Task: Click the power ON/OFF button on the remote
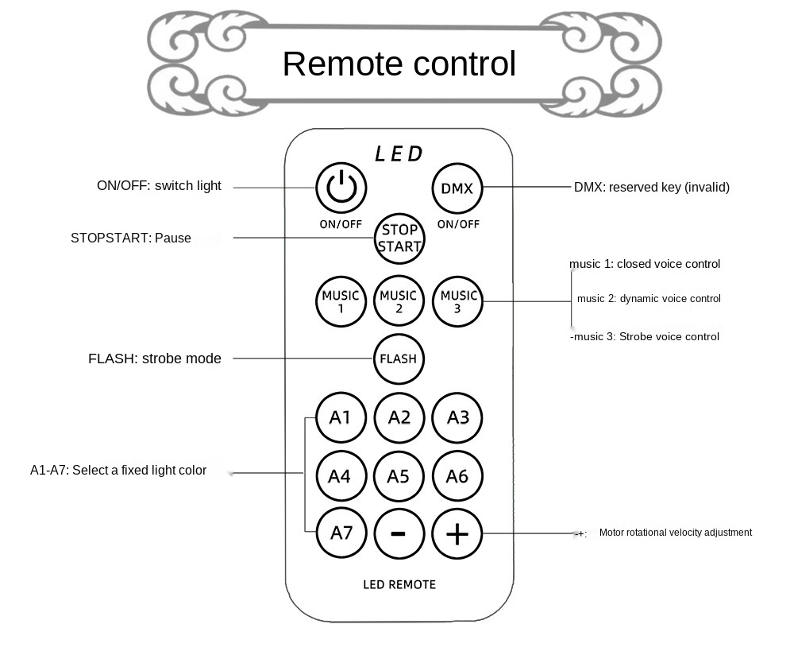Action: click(341, 188)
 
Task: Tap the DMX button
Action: click(457, 188)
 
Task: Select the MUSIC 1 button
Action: click(341, 301)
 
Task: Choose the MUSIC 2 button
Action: click(399, 301)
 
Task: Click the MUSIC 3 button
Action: click(457, 301)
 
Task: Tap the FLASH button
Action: click(399, 359)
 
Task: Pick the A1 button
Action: click(341, 417)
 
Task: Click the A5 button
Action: click(399, 476)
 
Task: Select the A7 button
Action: click(341, 533)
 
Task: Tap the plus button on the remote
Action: click(457, 533)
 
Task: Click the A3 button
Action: click(457, 417)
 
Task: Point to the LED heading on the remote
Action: click(399, 153)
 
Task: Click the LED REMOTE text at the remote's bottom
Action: click(399, 585)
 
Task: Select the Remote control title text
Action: click(399, 64)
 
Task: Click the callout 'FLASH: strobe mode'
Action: click(155, 359)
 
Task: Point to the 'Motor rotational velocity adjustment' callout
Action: click(675, 533)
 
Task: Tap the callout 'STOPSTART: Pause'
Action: click(131, 238)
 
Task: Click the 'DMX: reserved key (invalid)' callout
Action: click(651, 188)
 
